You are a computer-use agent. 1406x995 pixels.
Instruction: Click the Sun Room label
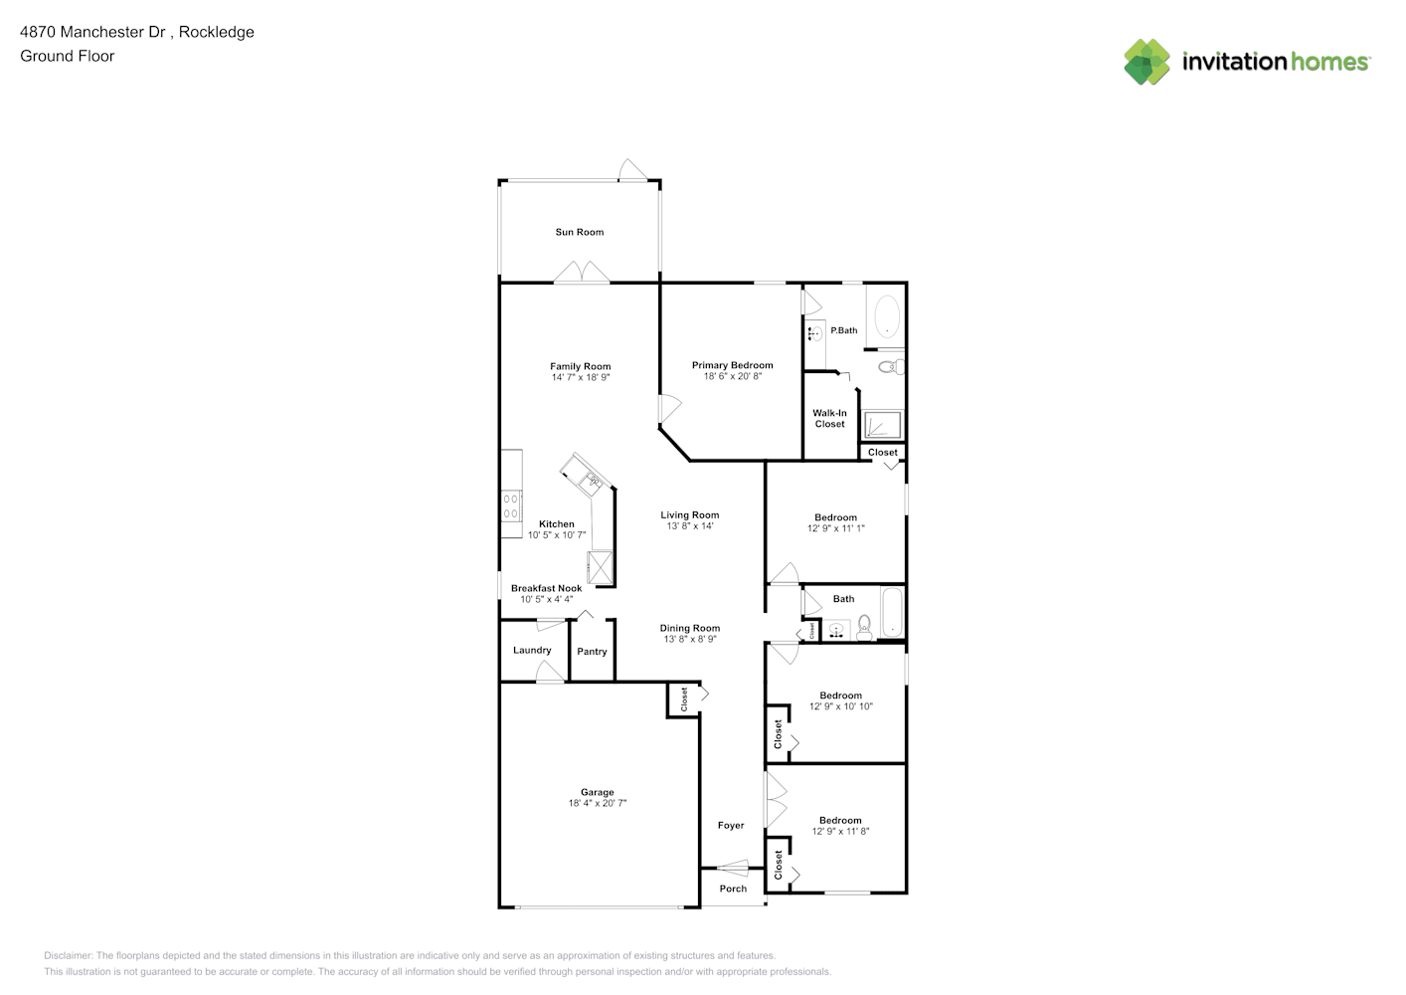(580, 233)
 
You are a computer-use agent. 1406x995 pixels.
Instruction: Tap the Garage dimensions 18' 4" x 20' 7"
(598, 803)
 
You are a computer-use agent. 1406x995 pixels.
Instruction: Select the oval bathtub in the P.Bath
(886, 316)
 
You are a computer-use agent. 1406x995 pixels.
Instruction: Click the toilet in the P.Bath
(891, 367)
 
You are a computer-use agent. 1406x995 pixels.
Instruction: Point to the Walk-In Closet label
(830, 418)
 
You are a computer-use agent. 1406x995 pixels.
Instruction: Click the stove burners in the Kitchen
(511, 506)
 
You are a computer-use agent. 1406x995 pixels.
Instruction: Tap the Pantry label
(592, 652)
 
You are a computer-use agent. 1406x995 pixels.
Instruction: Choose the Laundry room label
(532, 650)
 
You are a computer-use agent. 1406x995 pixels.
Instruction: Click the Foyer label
(731, 826)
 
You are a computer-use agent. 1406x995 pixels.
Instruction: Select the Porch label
(733, 889)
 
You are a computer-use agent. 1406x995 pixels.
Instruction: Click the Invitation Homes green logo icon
(1146, 62)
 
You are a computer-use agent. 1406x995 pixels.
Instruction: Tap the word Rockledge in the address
(217, 32)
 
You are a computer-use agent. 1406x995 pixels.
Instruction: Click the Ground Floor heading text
(68, 56)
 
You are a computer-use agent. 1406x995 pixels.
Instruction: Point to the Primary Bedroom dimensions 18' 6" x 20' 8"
(733, 376)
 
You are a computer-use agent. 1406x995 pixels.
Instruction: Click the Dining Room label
(690, 628)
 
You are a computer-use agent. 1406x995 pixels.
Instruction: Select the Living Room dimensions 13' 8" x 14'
(690, 526)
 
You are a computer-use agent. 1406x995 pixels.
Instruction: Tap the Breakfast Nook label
(546, 589)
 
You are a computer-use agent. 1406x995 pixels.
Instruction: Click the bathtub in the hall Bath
(893, 612)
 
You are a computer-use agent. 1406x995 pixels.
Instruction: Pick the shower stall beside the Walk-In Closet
(883, 425)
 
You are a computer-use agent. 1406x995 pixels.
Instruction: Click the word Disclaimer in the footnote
(68, 955)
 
